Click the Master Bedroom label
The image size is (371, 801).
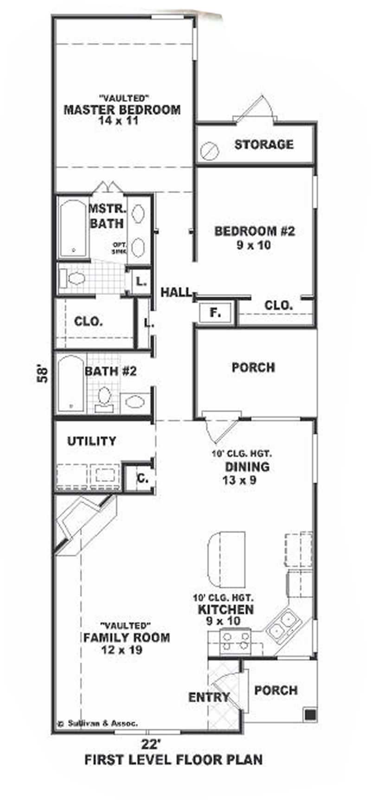point(122,110)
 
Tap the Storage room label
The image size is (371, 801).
point(263,144)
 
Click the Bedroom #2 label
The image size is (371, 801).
point(254,231)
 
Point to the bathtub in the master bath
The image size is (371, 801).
point(74,228)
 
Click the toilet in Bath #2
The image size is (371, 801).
point(105,397)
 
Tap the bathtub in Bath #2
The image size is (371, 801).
point(71,383)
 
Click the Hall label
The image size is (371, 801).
point(176,292)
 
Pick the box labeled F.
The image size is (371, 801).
point(215,313)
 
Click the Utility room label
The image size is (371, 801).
point(91,441)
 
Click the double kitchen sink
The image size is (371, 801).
point(283,625)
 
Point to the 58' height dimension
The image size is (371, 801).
point(43,374)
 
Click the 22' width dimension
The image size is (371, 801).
point(151,745)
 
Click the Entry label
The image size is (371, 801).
point(209,697)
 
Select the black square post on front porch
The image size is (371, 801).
point(310,714)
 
